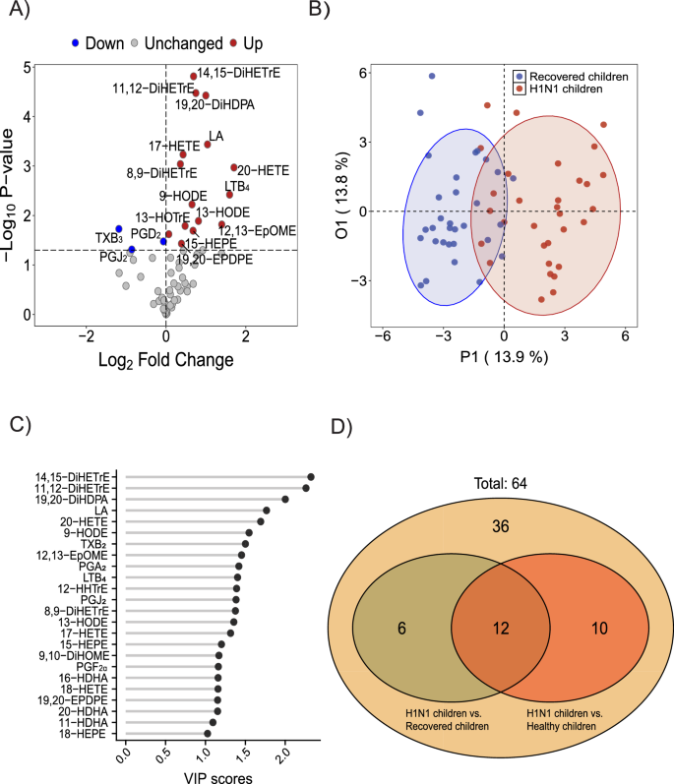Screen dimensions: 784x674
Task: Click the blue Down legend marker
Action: pyautogui.click(x=74, y=43)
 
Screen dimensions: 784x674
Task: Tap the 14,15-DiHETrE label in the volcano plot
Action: pyautogui.click(x=239, y=72)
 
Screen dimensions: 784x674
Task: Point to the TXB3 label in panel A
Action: pyautogui.click(x=108, y=238)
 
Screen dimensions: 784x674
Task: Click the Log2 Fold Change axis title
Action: pyautogui.click(x=166, y=360)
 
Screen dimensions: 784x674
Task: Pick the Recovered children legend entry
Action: pyautogui.click(x=578, y=77)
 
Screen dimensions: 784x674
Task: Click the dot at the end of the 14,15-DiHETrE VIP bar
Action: pyautogui.click(x=311, y=476)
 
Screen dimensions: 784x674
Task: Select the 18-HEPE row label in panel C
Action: pyautogui.click(x=94, y=760)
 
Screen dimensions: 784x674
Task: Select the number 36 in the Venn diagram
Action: pyautogui.click(x=500, y=530)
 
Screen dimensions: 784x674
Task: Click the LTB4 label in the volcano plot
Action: pyautogui.click(x=237, y=186)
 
